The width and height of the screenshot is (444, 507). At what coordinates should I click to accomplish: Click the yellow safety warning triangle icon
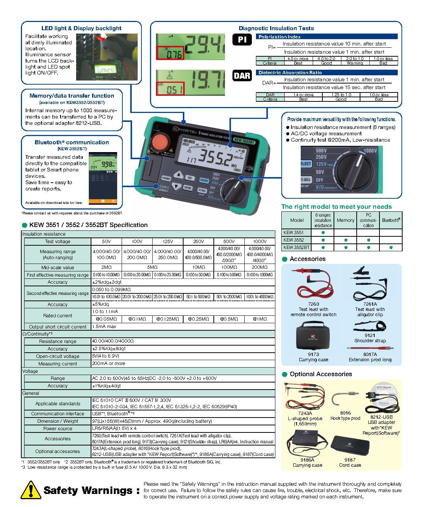(x=31, y=490)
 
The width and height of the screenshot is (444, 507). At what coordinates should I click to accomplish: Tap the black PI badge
(x=242, y=40)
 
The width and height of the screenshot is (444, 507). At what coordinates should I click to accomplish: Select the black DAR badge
(x=242, y=76)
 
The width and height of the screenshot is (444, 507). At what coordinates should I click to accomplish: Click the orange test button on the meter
(x=160, y=142)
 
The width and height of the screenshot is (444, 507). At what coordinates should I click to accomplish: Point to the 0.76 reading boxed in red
(x=170, y=53)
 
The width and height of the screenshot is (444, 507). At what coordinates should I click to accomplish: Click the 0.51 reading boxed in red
(x=170, y=88)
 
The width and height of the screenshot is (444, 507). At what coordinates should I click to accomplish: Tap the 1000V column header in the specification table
(x=260, y=242)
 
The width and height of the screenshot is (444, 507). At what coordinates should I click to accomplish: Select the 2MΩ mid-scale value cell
(x=106, y=267)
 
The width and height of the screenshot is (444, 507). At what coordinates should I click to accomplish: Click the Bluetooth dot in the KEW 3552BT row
(x=391, y=247)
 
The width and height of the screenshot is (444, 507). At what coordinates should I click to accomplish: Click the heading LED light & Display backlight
(x=81, y=28)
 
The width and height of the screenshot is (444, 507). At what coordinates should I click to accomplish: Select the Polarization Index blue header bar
(x=326, y=37)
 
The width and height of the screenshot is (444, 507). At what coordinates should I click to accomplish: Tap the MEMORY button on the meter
(x=166, y=179)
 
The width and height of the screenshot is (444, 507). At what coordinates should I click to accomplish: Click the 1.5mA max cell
(x=104, y=327)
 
